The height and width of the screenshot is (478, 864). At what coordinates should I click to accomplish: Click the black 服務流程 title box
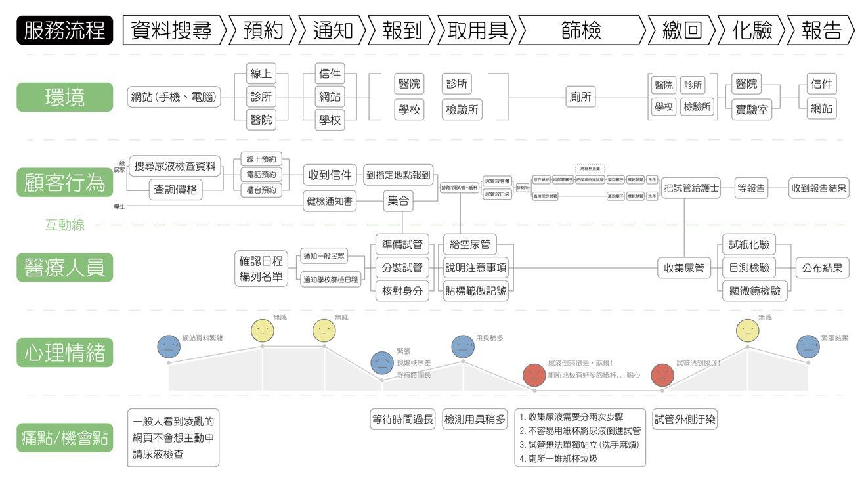coord(65,31)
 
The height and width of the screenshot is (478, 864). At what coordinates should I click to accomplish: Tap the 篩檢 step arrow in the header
coord(581,31)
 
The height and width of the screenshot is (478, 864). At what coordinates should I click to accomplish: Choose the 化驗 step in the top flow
coord(752,31)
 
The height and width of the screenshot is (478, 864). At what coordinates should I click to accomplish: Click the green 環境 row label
coord(64,97)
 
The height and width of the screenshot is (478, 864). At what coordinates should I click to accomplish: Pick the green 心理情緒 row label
coord(64,353)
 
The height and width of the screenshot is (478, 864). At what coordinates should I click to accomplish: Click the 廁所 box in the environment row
coord(580,97)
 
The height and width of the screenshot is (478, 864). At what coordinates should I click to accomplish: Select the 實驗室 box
coord(752,109)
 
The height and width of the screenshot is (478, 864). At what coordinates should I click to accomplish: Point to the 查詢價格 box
coord(175,190)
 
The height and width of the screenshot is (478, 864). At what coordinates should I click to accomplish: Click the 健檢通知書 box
coord(330,201)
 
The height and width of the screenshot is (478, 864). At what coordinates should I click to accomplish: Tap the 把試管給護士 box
coord(691,188)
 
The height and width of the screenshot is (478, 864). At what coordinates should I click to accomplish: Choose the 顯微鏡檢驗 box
coord(755,290)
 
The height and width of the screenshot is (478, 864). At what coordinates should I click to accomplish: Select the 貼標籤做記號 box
coord(476,290)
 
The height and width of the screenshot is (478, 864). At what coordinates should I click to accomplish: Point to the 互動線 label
coord(64,225)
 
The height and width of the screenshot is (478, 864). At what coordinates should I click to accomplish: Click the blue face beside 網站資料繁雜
coord(168,346)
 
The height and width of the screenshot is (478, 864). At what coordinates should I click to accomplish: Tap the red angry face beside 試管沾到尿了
coord(661,374)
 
